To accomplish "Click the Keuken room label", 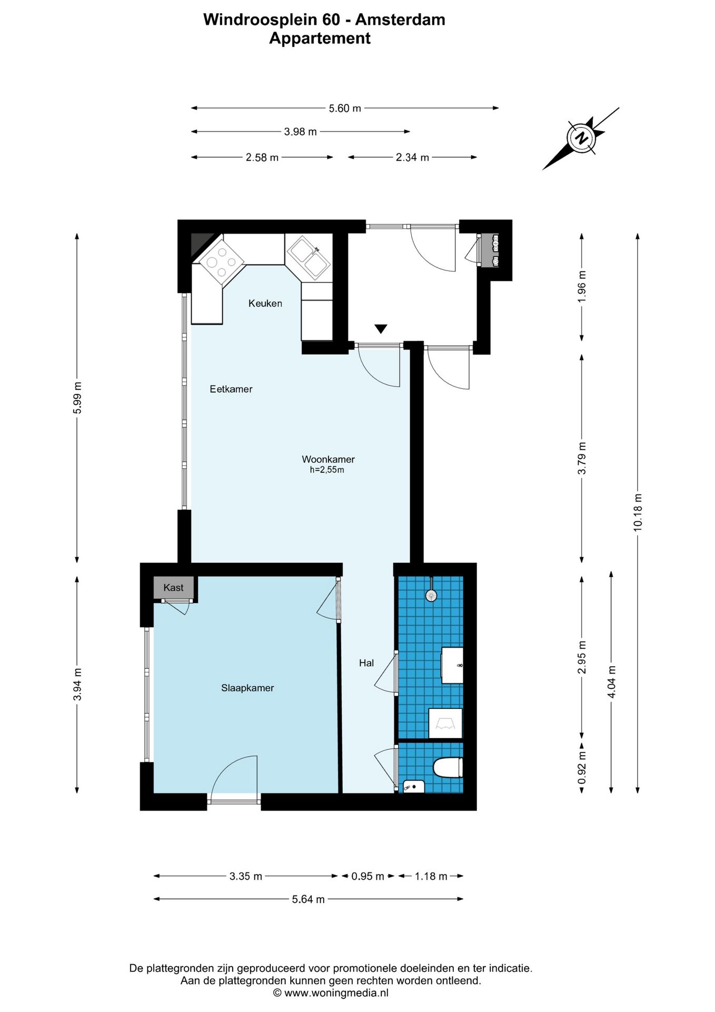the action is click(x=265, y=303).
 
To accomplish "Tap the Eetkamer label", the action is click(x=231, y=389).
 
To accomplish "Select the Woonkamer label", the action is click(x=328, y=459).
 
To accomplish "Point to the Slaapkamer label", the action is click(x=247, y=688).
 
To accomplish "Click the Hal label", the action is click(x=366, y=663).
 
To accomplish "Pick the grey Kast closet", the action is click(x=174, y=588).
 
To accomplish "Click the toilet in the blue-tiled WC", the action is click(x=448, y=767).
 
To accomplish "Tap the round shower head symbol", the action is click(x=431, y=595).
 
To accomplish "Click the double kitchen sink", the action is click(x=309, y=258).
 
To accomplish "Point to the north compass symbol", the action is click(x=581, y=139).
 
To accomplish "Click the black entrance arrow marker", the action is click(x=381, y=329).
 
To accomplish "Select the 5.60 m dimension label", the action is click(x=345, y=108).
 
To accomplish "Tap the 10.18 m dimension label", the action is click(x=638, y=512).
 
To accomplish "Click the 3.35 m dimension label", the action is click(x=246, y=876).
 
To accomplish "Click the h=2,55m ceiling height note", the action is click(x=327, y=470).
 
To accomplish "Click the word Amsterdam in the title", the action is click(x=400, y=20).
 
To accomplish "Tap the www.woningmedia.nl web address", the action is click(x=336, y=993).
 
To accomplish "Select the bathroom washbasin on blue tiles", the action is click(x=452, y=665).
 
